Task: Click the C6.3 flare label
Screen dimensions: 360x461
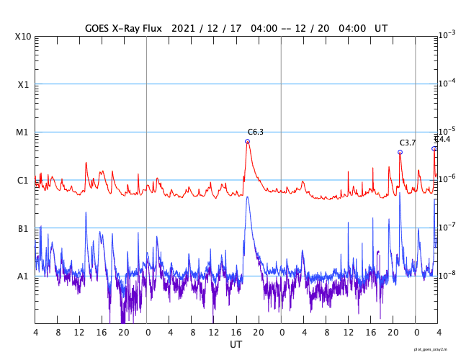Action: [255, 132]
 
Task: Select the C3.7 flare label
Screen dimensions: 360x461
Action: [408, 143]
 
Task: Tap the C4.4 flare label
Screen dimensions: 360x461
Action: [442, 139]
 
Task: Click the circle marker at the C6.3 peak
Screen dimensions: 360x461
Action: [247, 141]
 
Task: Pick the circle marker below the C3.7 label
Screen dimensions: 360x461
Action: [400, 152]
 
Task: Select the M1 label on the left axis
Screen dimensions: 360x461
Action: [23, 132]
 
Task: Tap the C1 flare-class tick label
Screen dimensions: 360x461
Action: [23, 180]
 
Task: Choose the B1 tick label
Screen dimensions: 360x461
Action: [23, 228]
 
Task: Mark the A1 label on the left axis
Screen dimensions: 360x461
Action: [23, 276]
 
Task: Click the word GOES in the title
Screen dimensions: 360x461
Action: [99, 28]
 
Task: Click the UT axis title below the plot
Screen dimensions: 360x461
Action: [236, 345]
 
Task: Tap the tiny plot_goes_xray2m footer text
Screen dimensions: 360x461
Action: [436, 348]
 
